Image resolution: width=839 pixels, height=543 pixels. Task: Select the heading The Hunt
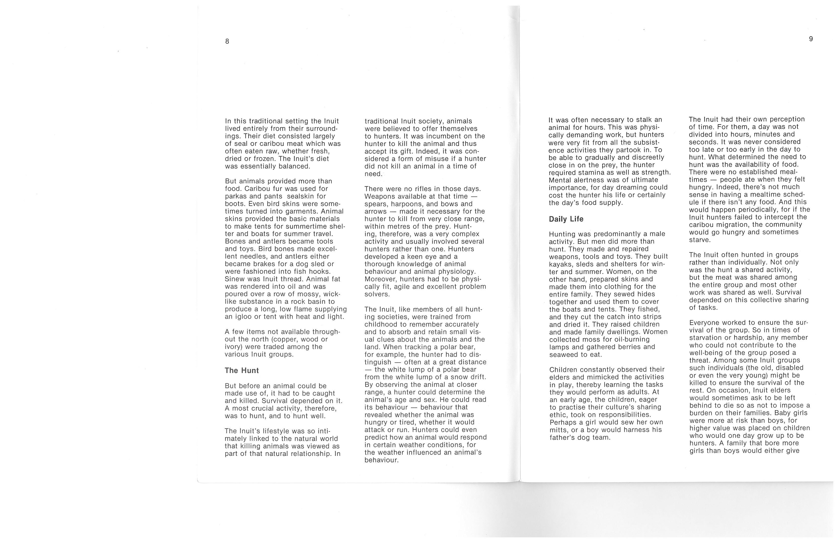(x=242, y=370)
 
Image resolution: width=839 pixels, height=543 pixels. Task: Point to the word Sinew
(x=234, y=279)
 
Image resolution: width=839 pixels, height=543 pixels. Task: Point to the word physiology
(x=458, y=272)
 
